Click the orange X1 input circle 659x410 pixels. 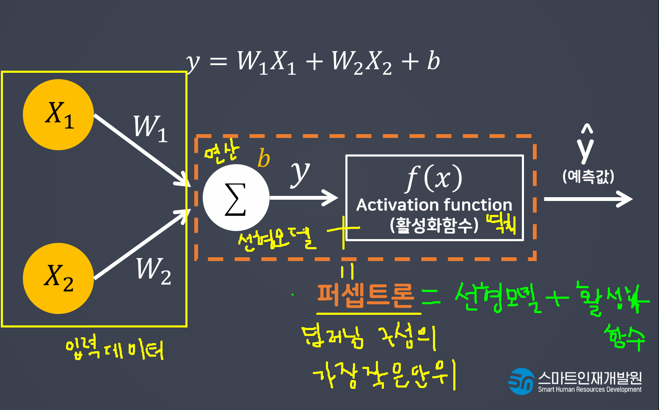click(58, 115)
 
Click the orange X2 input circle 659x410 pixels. click(58, 278)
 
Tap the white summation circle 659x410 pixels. click(236, 198)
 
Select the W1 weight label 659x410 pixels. click(150, 128)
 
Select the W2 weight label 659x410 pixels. click(153, 271)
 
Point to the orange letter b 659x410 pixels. click(264, 159)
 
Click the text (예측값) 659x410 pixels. click(588, 176)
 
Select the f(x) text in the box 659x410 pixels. click(434, 178)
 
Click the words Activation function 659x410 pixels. click(434, 205)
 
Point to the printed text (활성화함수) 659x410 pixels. click(434, 225)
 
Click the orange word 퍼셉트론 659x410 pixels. click(365, 295)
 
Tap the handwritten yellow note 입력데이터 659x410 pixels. click(114, 349)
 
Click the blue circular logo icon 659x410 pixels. click(521, 381)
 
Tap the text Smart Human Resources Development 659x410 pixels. click(590, 390)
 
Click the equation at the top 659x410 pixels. click(313, 62)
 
